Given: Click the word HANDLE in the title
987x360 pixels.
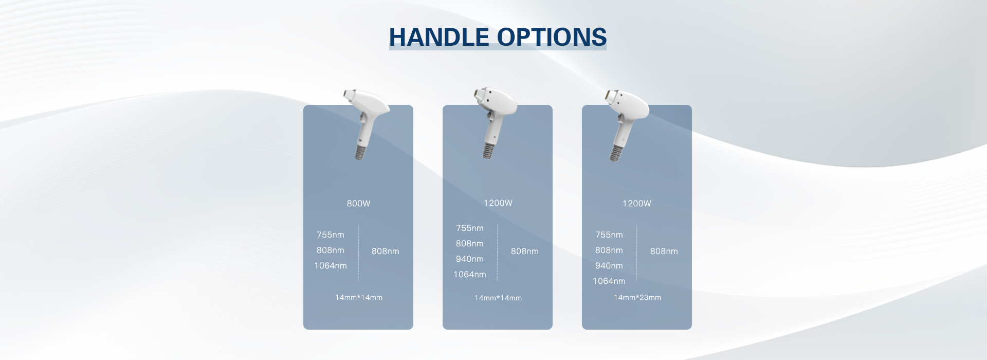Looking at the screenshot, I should tap(438, 37).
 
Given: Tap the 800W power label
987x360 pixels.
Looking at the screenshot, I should tap(358, 203).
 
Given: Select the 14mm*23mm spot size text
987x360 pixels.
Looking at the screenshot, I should tap(637, 297).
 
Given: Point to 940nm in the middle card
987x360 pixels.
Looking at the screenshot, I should tap(469, 259).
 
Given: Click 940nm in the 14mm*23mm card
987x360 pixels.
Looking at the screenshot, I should tap(609, 265).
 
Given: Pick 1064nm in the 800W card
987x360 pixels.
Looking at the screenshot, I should tap(330, 265).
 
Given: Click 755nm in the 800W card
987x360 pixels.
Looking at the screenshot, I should tap(330, 235).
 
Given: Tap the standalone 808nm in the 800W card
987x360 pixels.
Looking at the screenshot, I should tap(385, 251).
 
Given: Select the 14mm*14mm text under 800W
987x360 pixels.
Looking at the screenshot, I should tap(358, 297).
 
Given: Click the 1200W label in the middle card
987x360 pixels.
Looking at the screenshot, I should tap(498, 203).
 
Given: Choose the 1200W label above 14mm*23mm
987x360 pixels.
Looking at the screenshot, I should tap(636, 203).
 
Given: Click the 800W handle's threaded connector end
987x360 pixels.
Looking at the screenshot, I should tap(360, 153).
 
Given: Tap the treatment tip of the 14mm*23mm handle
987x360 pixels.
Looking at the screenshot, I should tap(609, 95).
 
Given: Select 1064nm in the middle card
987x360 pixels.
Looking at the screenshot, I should tap(469, 274).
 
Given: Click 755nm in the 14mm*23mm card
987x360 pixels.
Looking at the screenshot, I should tap(609, 235).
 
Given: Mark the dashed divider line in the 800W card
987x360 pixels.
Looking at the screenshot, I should tap(358, 252).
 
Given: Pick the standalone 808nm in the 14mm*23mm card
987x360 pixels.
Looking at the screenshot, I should tap(664, 251).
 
